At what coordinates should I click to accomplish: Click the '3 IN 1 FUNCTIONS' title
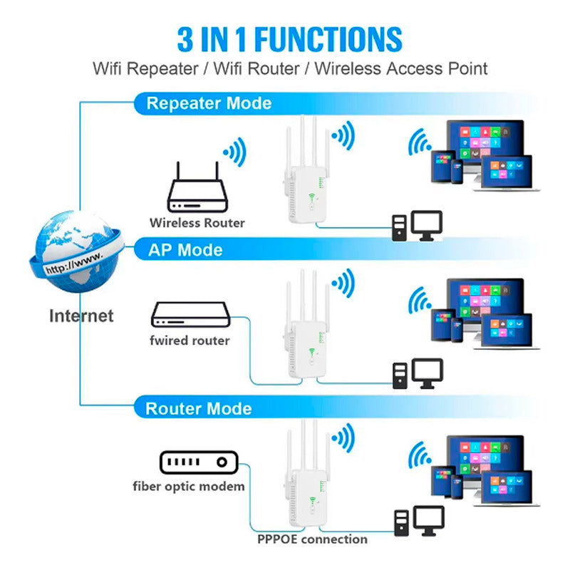click(x=290, y=40)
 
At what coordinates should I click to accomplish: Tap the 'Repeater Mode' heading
click(x=209, y=103)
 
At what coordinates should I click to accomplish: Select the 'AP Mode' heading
click(x=185, y=250)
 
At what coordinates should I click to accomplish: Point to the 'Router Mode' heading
click(x=199, y=408)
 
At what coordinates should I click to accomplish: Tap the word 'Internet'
click(x=81, y=316)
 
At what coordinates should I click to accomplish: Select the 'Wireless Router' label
click(x=197, y=223)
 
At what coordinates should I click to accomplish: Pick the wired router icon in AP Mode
click(x=191, y=315)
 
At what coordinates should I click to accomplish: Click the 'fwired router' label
click(x=190, y=341)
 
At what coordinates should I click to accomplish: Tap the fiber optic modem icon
click(x=199, y=462)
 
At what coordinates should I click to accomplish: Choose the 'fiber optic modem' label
click(x=189, y=487)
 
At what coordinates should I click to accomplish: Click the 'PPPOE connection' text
click(x=312, y=539)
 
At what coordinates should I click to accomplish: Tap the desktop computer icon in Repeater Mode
click(x=418, y=226)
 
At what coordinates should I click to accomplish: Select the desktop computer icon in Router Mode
click(x=420, y=521)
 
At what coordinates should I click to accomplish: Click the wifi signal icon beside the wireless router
click(x=236, y=152)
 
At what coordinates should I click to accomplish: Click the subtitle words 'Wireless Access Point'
click(x=401, y=68)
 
